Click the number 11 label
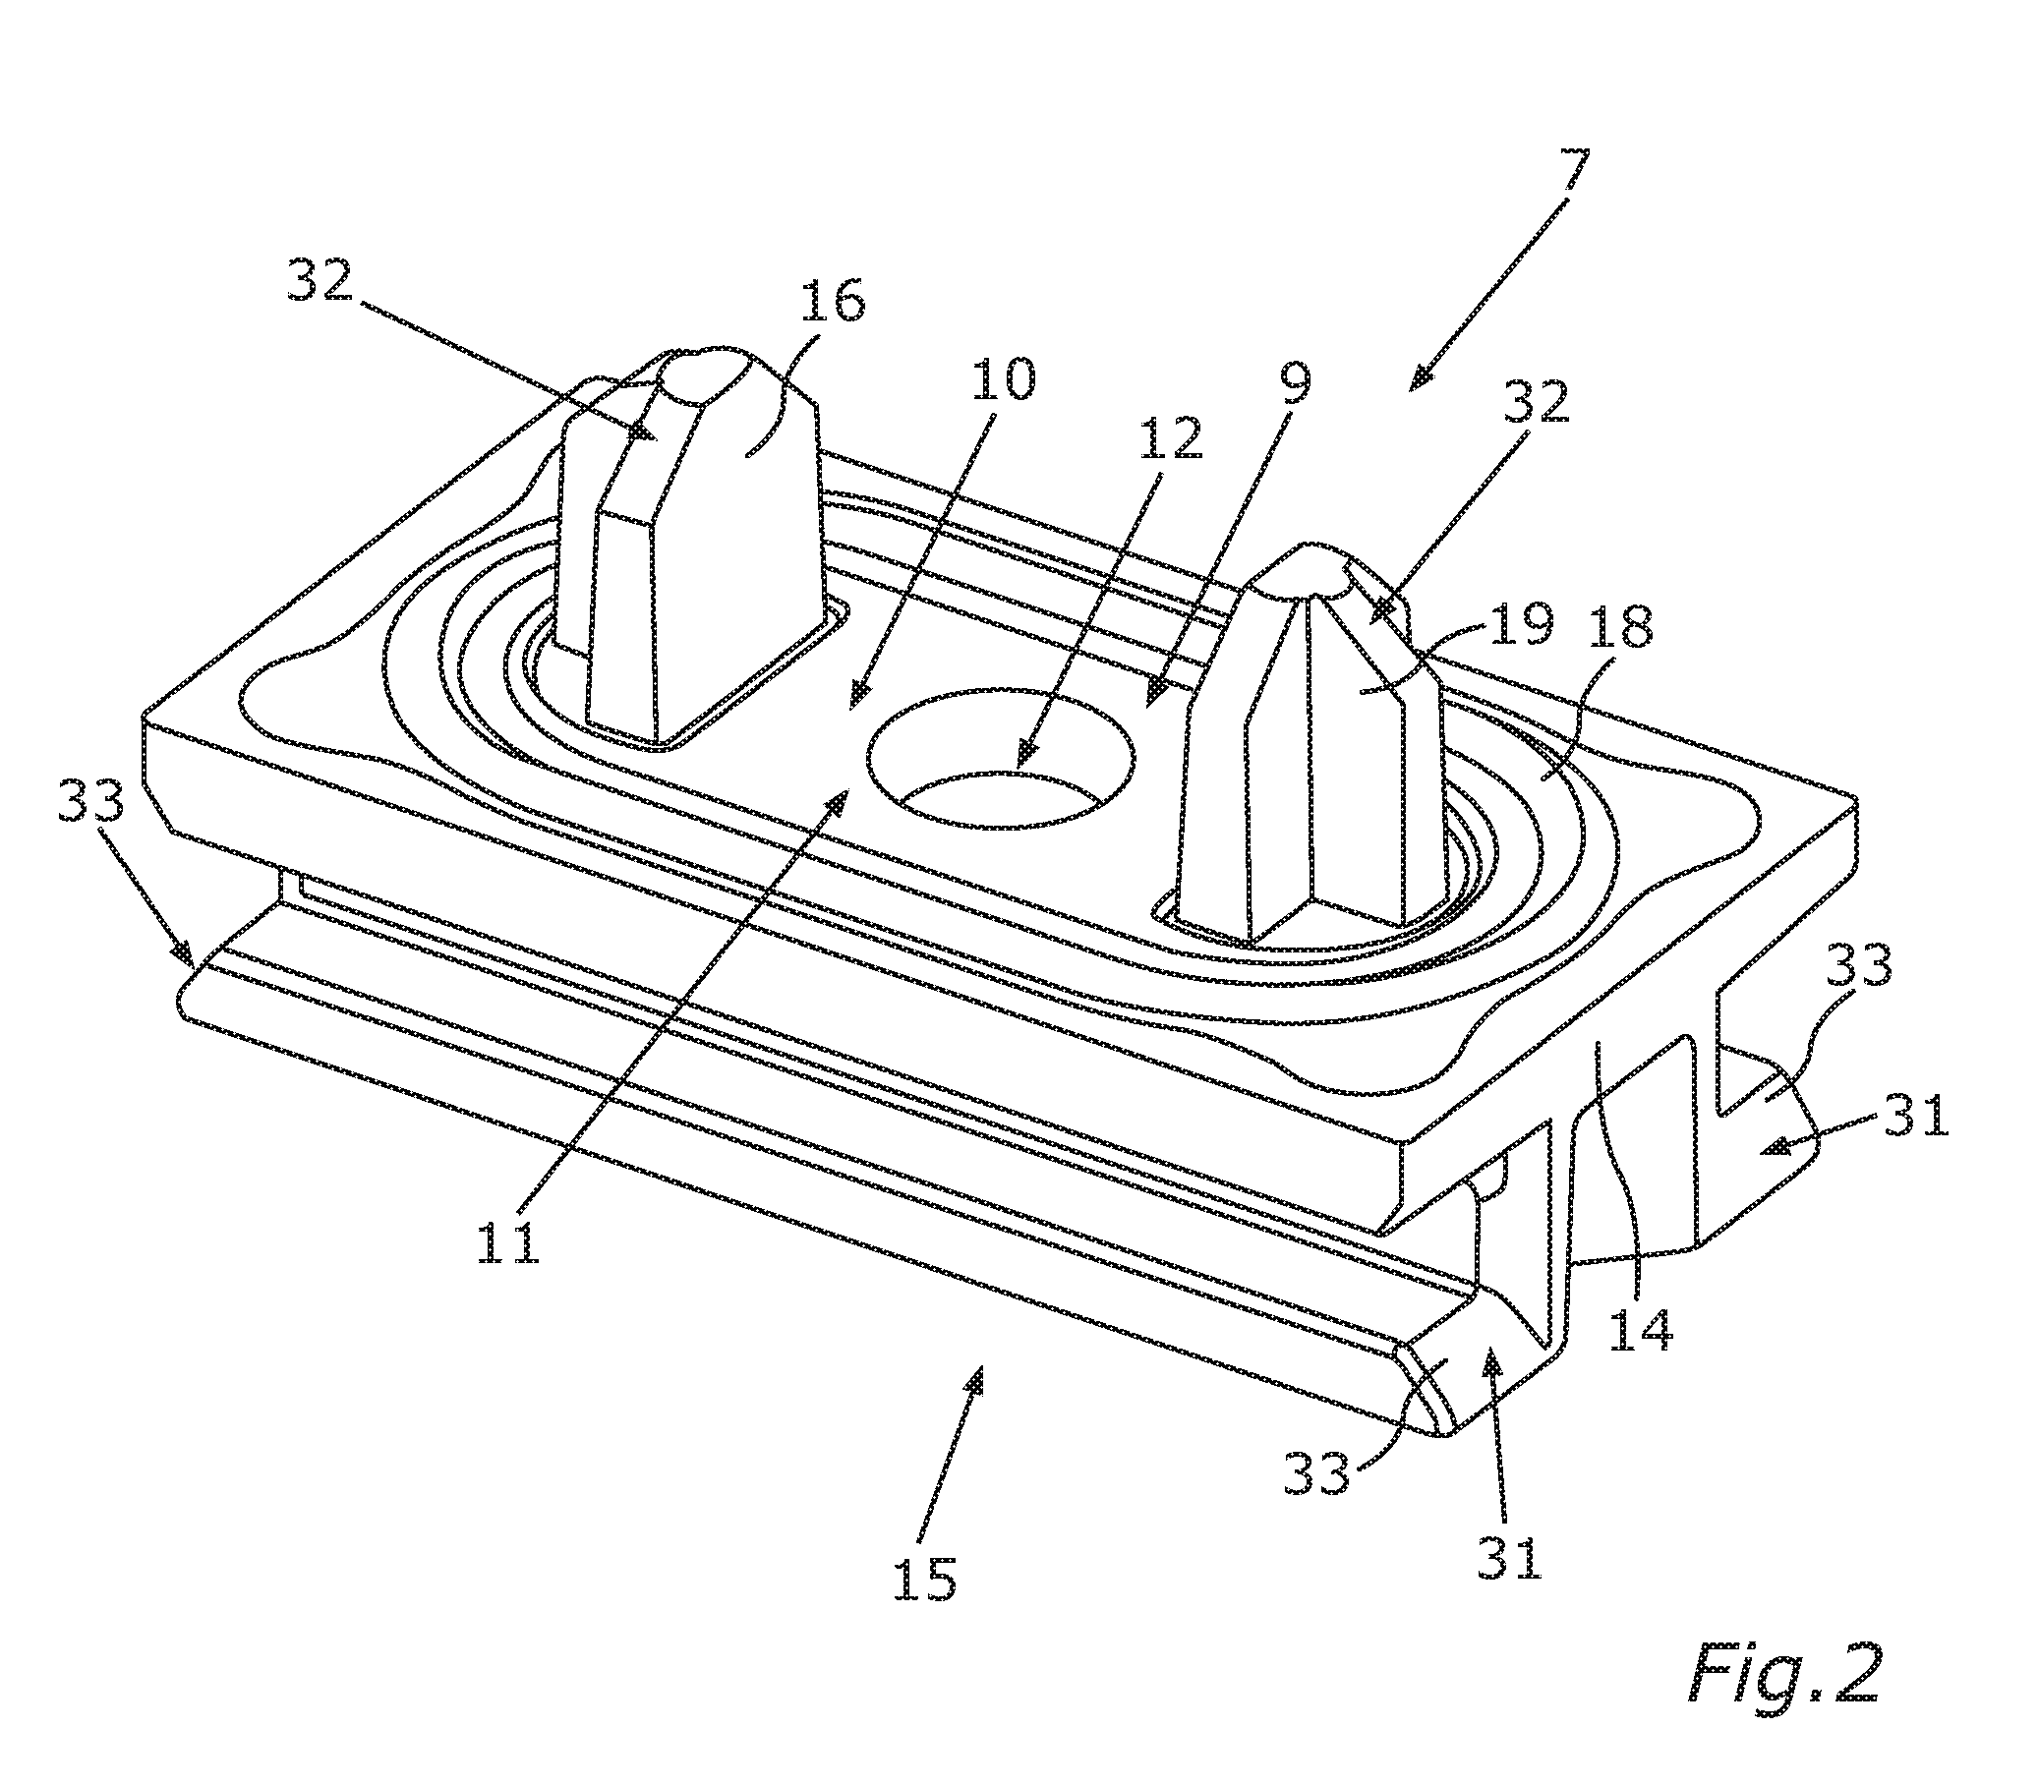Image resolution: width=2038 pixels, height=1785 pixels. tap(509, 1240)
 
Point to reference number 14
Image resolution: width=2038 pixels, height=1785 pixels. tap(1641, 1328)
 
